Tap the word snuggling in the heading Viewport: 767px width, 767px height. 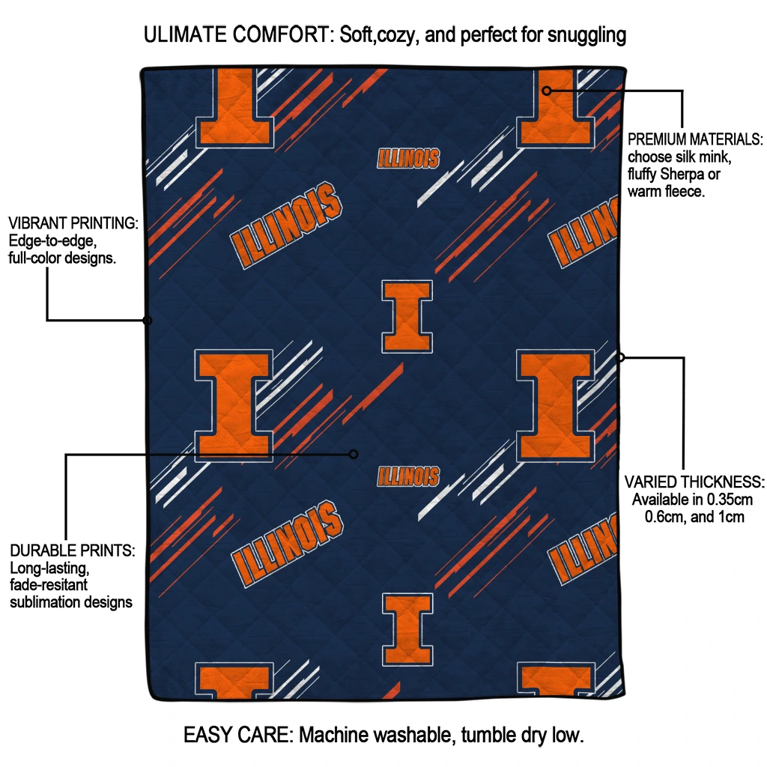click(x=586, y=36)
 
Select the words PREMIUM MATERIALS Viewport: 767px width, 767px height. click(x=695, y=139)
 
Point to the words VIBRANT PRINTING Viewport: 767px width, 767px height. click(x=73, y=223)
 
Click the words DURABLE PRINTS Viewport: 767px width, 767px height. click(x=73, y=551)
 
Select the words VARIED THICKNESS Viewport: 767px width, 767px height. click(x=694, y=482)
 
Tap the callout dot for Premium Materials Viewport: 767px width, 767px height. click(x=547, y=91)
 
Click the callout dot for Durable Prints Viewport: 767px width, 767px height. click(x=354, y=455)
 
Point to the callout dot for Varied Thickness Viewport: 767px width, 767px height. click(x=620, y=357)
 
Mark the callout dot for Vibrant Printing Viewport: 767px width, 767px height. click(x=148, y=321)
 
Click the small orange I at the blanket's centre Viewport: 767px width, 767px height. click(x=407, y=317)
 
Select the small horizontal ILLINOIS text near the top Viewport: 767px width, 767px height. click(x=408, y=159)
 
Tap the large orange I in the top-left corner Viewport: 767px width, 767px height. click(x=234, y=108)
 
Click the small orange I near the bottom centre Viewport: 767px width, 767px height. click(x=407, y=629)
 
